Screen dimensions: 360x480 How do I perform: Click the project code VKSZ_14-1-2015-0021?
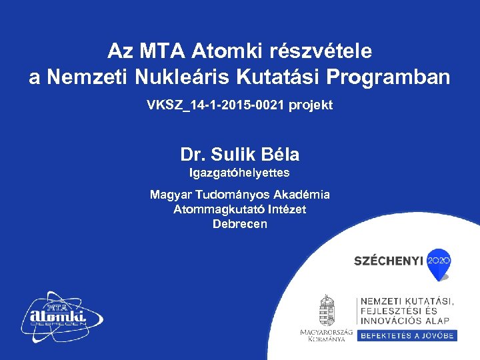pyautogui.click(x=217, y=106)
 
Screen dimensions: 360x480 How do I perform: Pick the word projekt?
pyautogui.click(x=311, y=106)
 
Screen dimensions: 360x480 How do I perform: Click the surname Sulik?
pyautogui.click(x=237, y=155)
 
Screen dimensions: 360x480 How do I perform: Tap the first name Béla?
pyautogui.click(x=283, y=155)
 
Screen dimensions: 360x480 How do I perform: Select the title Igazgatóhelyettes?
pyautogui.click(x=239, y=173)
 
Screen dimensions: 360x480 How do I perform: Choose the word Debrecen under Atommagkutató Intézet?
pyautogui.click(x=239, y=224)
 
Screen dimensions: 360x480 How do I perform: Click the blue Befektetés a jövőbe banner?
pyautogui.click(x=407, y=336)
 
